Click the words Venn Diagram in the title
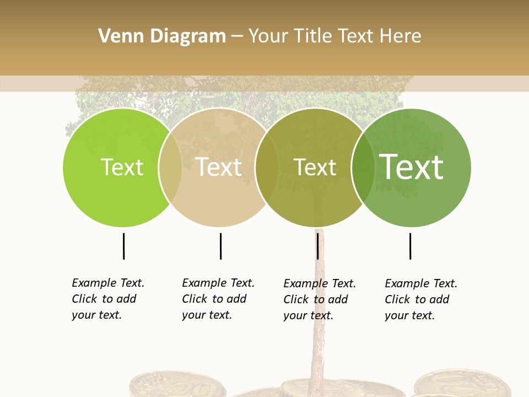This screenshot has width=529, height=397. click(162, 36)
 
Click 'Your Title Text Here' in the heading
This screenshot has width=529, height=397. click(334, 36)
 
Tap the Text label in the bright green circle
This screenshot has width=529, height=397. click(122, 167)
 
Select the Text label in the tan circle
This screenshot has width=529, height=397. click(218, 167)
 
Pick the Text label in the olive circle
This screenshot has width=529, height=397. click(315, 167)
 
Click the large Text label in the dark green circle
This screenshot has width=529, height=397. click(411, 167)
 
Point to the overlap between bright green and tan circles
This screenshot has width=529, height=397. click(170, 168)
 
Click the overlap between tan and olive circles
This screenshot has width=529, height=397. click(267, 168)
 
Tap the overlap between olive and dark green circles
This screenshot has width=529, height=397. click(363, 168)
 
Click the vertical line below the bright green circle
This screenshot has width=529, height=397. click(123, 246)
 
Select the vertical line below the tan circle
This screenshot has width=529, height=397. click(220, 246)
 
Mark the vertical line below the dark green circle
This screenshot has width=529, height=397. click(410, 246)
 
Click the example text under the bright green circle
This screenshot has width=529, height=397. click(107, 299)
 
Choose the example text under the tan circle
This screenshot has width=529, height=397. click(218, 299)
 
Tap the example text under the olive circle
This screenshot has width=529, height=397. click(319, 299)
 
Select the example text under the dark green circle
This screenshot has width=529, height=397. click(420, 299)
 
